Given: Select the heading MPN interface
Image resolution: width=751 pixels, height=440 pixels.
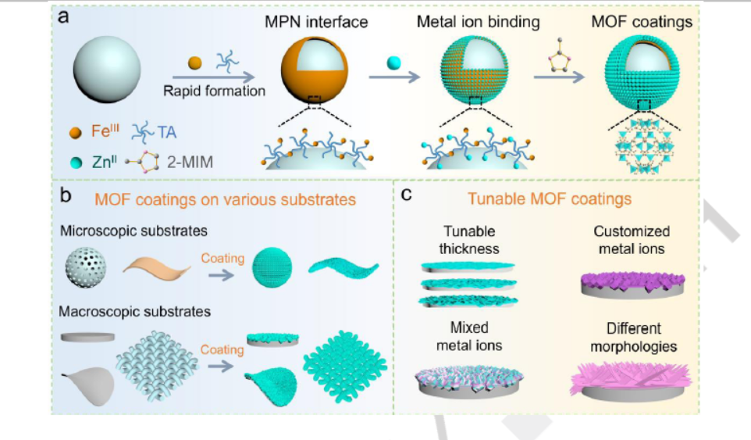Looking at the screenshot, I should (x=315, y=22).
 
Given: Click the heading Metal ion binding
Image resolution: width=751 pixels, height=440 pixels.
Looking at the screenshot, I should (x=477, y=22).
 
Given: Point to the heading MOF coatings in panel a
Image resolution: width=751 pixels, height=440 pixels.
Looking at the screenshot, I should (x=641, y=22).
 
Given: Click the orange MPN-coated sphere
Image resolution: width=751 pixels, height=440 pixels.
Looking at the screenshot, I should (x=315, y=72).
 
